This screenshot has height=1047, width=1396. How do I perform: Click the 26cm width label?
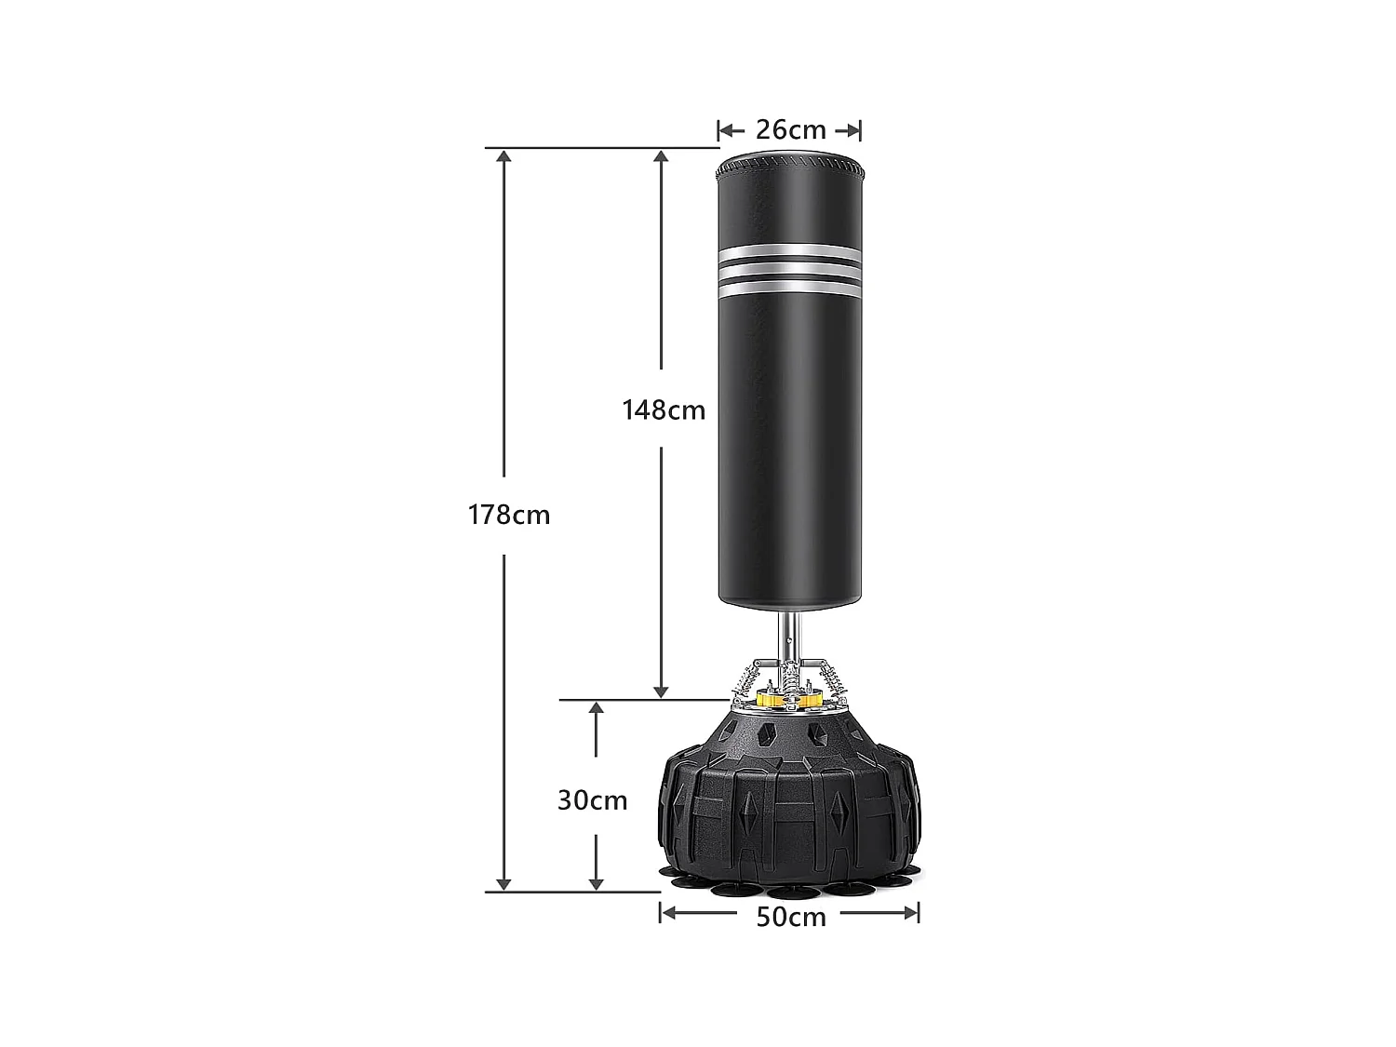(x=790, y=130)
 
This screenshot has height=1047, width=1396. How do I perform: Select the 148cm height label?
(x=664, y=409)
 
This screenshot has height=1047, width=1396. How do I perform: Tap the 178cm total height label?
(x=509, y=515)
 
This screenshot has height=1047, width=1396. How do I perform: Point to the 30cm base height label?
(x=593, y=800)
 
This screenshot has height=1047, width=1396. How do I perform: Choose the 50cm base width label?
(x=790, y=917)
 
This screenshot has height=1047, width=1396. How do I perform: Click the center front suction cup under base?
(x=793, y=891)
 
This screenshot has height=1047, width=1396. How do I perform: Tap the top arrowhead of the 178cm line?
(x=504, y=156)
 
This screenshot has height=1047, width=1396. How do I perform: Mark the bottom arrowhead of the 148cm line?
(x=661, y=691)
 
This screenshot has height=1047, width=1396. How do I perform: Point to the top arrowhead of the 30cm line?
(x=597, y=709)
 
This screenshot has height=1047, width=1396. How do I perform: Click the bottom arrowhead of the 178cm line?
(x=504, y=883)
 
